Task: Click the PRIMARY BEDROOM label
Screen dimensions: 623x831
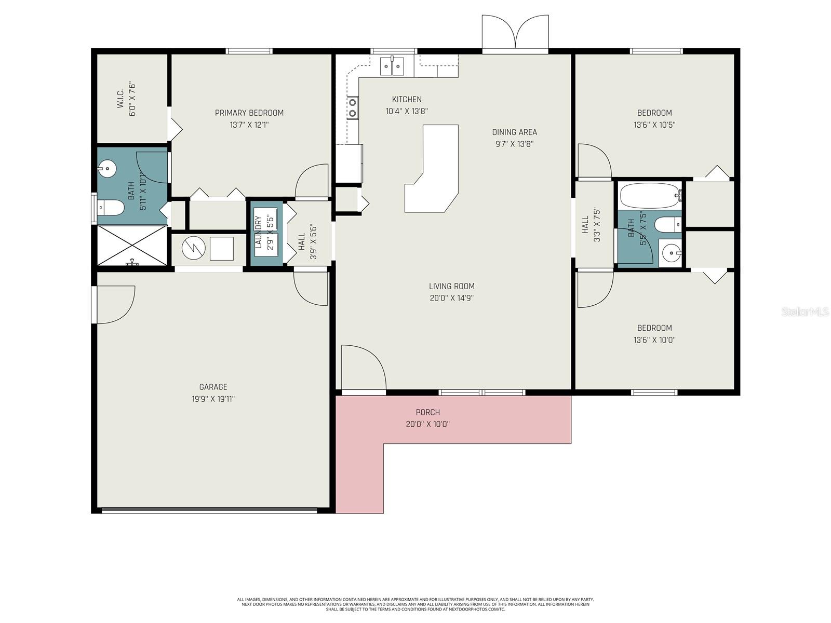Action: [x=249, y=113]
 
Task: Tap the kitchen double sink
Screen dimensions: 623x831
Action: [x=392, y=66]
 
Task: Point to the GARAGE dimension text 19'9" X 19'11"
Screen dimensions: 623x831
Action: [x=213, y=399]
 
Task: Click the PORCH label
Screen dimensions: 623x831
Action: [x=427, y=412]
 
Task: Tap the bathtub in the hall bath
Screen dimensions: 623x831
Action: [x=651, y=196]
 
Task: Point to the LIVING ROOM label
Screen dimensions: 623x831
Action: [x=451, y=286]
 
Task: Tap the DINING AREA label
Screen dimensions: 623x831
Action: [x=514, y=132]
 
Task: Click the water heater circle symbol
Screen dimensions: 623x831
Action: [x=193, y=249]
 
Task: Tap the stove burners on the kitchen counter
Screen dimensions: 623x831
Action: [x=353, y=108]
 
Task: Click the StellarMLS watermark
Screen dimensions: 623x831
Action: [x=805, y=311]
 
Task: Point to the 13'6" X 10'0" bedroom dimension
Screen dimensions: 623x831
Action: [x=654, y=340]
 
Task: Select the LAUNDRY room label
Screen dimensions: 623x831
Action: [x=258, y=232]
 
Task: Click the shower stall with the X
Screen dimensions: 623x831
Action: [x=132, y=245]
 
